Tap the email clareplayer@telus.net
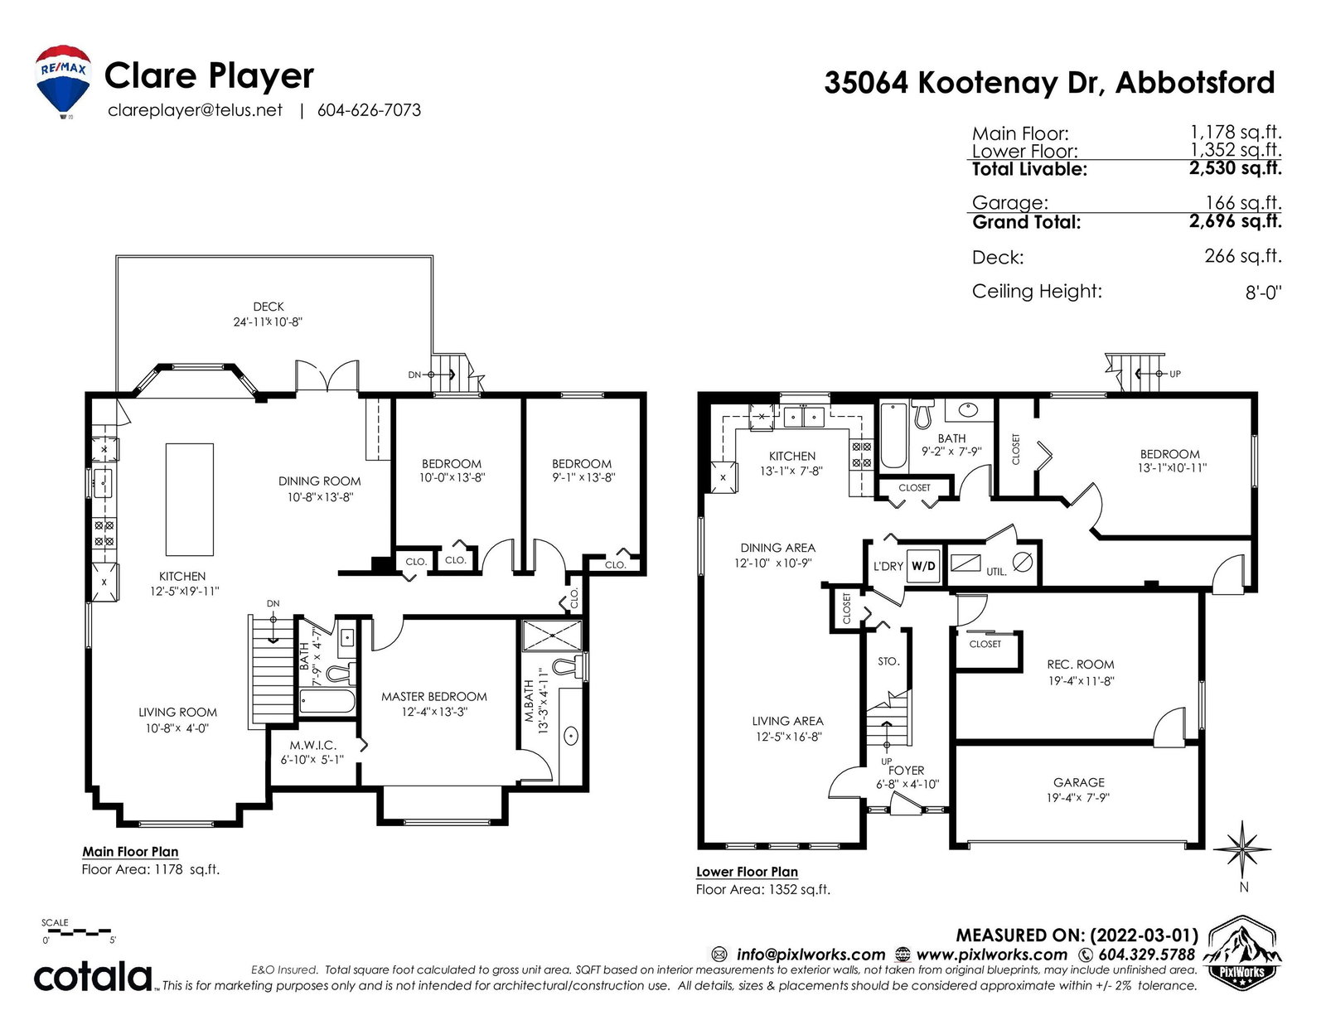[196, 110]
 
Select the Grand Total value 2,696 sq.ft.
[1235, 221]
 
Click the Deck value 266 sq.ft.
[1243, 256]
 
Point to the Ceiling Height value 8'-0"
[1263, 293]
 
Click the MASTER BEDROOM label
[434, 697]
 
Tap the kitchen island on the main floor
[190, 500]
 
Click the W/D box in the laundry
[922, 566]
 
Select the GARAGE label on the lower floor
[1079, 782]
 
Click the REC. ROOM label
[1081, 665]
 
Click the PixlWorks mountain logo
[1241, 952]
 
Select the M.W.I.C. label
[312, 745]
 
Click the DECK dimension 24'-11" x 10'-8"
[268, 322]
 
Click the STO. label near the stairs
[888, 661]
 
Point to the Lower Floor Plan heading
[747, 872]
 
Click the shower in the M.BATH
[552, 635]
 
